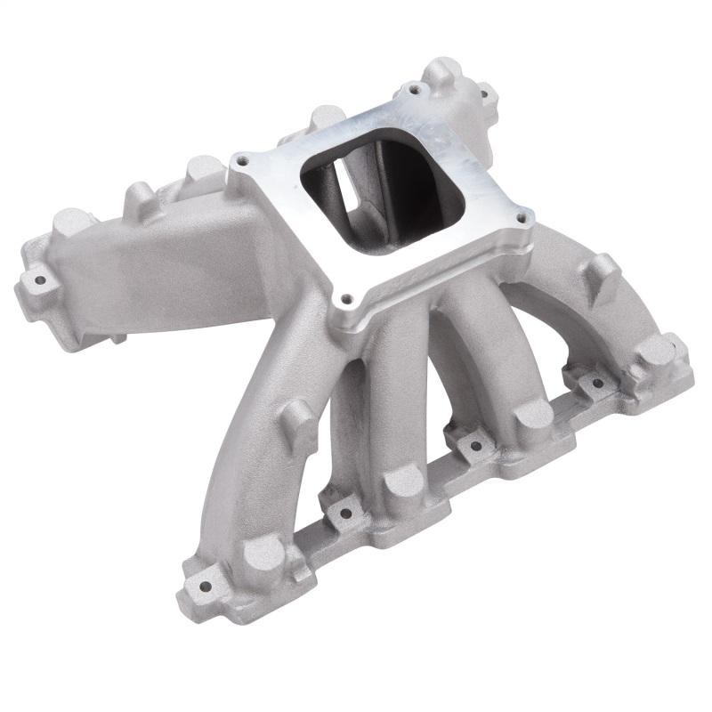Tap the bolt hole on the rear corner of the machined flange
tap(410, 89)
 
